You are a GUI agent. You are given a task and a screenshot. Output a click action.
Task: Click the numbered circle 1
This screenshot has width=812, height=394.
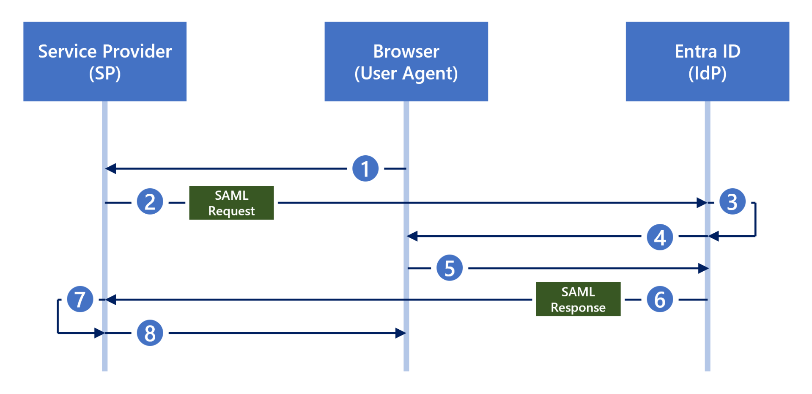click(x=365, y=168)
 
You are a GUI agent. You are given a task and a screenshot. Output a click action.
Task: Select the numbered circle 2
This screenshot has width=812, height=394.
click(x=150, y=201)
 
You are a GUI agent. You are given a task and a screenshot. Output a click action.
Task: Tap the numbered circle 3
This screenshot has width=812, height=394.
click(x=732, y=201)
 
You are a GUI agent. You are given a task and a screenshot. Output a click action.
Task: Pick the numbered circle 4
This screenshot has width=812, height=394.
click(x=660, y=237)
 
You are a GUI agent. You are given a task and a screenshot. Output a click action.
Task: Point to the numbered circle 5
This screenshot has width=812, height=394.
click(x=449, y=268)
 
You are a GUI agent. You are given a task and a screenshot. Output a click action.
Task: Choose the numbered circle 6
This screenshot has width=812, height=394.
click(x=660, y=299)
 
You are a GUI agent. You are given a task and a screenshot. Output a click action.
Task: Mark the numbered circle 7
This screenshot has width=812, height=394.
click(x=80, y=299)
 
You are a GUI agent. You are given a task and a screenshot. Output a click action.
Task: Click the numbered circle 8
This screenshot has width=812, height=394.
click(x=150, y=333)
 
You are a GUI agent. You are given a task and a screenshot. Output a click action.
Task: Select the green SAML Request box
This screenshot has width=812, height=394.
click(x=231, y=203)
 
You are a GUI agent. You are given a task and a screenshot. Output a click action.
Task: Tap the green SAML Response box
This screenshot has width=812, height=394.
click(x=578, y=299)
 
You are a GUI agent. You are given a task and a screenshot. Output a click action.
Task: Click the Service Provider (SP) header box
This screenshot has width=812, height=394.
click(x=105, y=61)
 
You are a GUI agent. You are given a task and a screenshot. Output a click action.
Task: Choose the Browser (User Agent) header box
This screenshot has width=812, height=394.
click(x=406, y=61)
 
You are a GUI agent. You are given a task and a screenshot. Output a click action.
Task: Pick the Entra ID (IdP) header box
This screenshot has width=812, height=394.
click(x=707, y=61)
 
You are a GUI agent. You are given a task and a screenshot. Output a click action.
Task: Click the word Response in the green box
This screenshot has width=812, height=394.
click(x=578, y=307)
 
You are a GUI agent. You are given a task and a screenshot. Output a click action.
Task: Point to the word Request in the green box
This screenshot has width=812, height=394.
click(x=231, y=211)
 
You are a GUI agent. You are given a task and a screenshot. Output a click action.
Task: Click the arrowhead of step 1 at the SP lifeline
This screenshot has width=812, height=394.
click(x=110, y=168)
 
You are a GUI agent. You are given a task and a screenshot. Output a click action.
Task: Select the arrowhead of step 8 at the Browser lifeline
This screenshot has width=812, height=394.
click(x=401, y=333)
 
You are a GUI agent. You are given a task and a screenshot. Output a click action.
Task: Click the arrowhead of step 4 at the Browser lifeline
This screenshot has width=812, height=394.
click(x=412, y=236)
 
